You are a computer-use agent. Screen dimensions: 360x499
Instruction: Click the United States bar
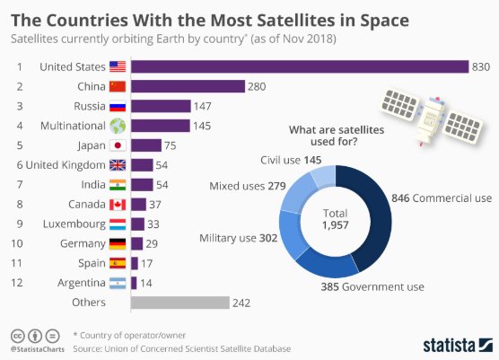pyautogui.click(x=300, y=66)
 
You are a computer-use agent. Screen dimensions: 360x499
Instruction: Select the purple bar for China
pyautogui.click(x=188, y=86)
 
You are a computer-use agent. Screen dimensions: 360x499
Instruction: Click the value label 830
pyautogui.click(x=482, y=66)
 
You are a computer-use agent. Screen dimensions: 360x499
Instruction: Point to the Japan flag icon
pyautogui.click(x=118, y=145)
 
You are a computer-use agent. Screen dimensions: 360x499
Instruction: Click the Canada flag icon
pyautogui.click(x=118, y=205)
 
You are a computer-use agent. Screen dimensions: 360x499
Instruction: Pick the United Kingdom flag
pyautogui.click(x=118, y=165)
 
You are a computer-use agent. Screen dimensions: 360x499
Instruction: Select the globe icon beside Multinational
pyautogui.click(x=118, y=126)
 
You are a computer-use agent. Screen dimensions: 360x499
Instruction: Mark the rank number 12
pyautogui.click(x=17, y=283)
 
